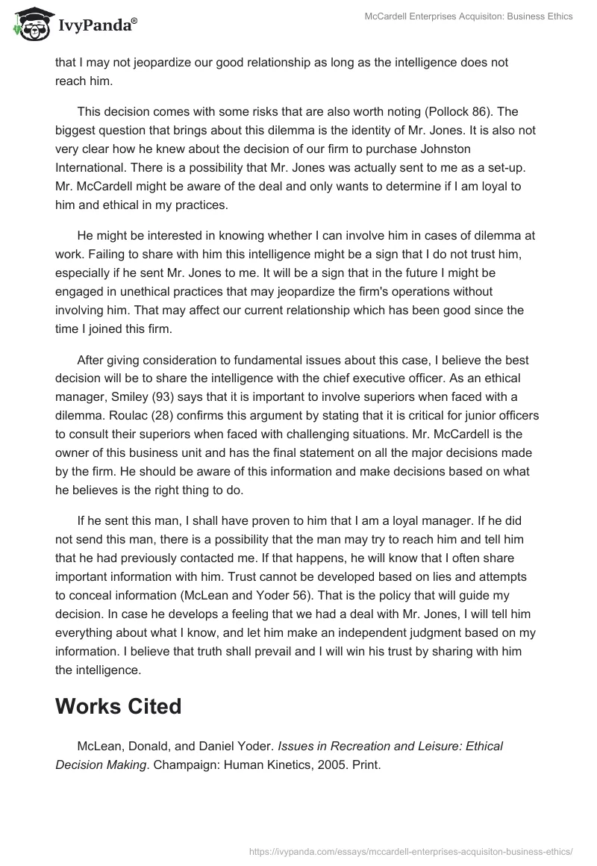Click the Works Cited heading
tap(118, 706)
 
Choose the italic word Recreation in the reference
tap(356, 745)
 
